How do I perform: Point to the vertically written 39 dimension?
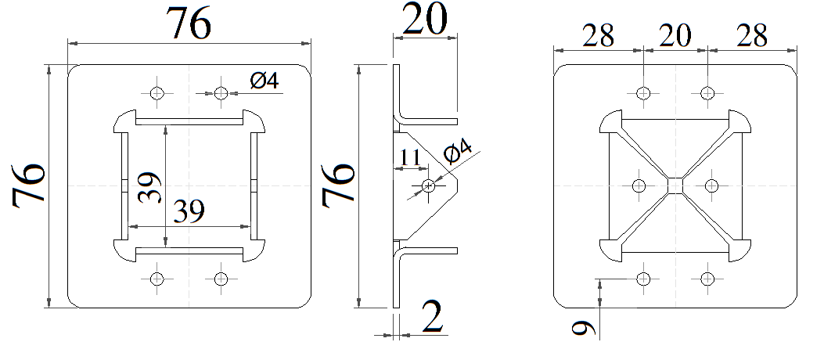152,187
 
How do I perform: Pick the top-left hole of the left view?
157,93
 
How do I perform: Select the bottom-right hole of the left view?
220,278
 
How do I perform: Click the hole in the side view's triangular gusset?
428,185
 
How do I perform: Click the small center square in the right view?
675,185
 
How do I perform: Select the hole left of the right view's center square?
638,185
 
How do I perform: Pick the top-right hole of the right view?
707,93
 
